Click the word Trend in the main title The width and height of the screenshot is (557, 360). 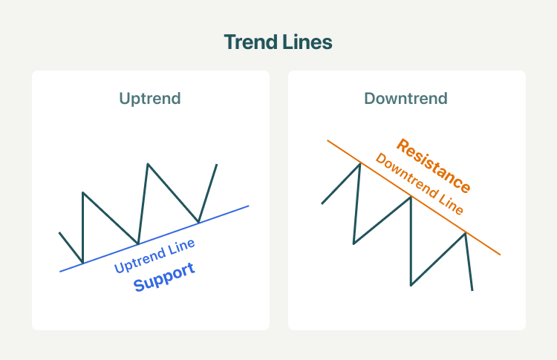coord(251,42)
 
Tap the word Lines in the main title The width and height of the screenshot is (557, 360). coord(307,42)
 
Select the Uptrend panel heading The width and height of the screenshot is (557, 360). coord(150,99)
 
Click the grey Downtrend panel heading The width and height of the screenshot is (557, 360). coord(405,98)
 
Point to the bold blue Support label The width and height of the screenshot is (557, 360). coord(164,277)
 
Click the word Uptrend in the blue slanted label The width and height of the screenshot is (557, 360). coord(140,261)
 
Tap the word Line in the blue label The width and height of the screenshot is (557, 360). coord(181,246)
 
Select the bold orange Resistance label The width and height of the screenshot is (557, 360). coord(434,166)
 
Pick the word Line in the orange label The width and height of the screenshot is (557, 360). coord(451,204)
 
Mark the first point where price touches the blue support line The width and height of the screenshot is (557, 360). coord(82,263)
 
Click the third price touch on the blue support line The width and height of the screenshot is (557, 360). coord(198,223)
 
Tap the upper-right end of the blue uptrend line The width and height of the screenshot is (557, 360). coord(249,206)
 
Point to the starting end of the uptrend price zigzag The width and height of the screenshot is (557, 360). coord(59,232)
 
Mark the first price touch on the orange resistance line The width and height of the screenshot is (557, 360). coord(360,163)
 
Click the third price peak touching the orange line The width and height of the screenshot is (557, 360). coord(465,233)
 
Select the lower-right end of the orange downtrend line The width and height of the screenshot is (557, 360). coord(500,255)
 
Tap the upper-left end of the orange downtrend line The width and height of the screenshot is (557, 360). coord(328,140)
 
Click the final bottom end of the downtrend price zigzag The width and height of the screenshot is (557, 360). coord(472,290)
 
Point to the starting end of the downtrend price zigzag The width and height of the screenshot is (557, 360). coord(322,204)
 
